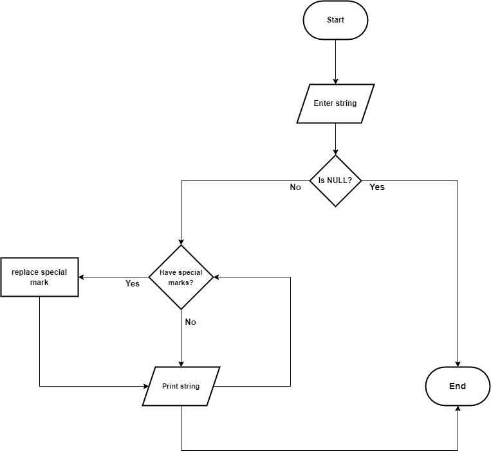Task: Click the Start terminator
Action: (x=335, y=20)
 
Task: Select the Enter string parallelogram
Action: (x=335, y=103)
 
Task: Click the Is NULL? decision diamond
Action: (x=335, y=180)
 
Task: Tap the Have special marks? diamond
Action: (x=181, y=277)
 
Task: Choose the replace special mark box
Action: (x=39, y=277)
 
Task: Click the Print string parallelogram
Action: (x=181, y=386)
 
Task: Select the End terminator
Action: (x=458, y=386)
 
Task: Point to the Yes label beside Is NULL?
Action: (x=377, y=187)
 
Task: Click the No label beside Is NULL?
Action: (x=295, y=188)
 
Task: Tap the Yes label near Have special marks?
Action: (x=133, y=283)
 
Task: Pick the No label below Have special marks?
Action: (x=190, y=322)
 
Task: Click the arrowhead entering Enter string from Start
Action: (x=335, y=81)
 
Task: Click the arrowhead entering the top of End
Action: (x=458, y=364)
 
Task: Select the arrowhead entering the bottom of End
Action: (x=458, y=409)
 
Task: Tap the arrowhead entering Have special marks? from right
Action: (x=217, y=277)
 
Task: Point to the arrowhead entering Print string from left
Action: (x=145, y=386)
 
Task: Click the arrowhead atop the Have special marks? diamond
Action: (x=181, y=241)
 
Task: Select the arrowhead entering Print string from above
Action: (x=181, y=363)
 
